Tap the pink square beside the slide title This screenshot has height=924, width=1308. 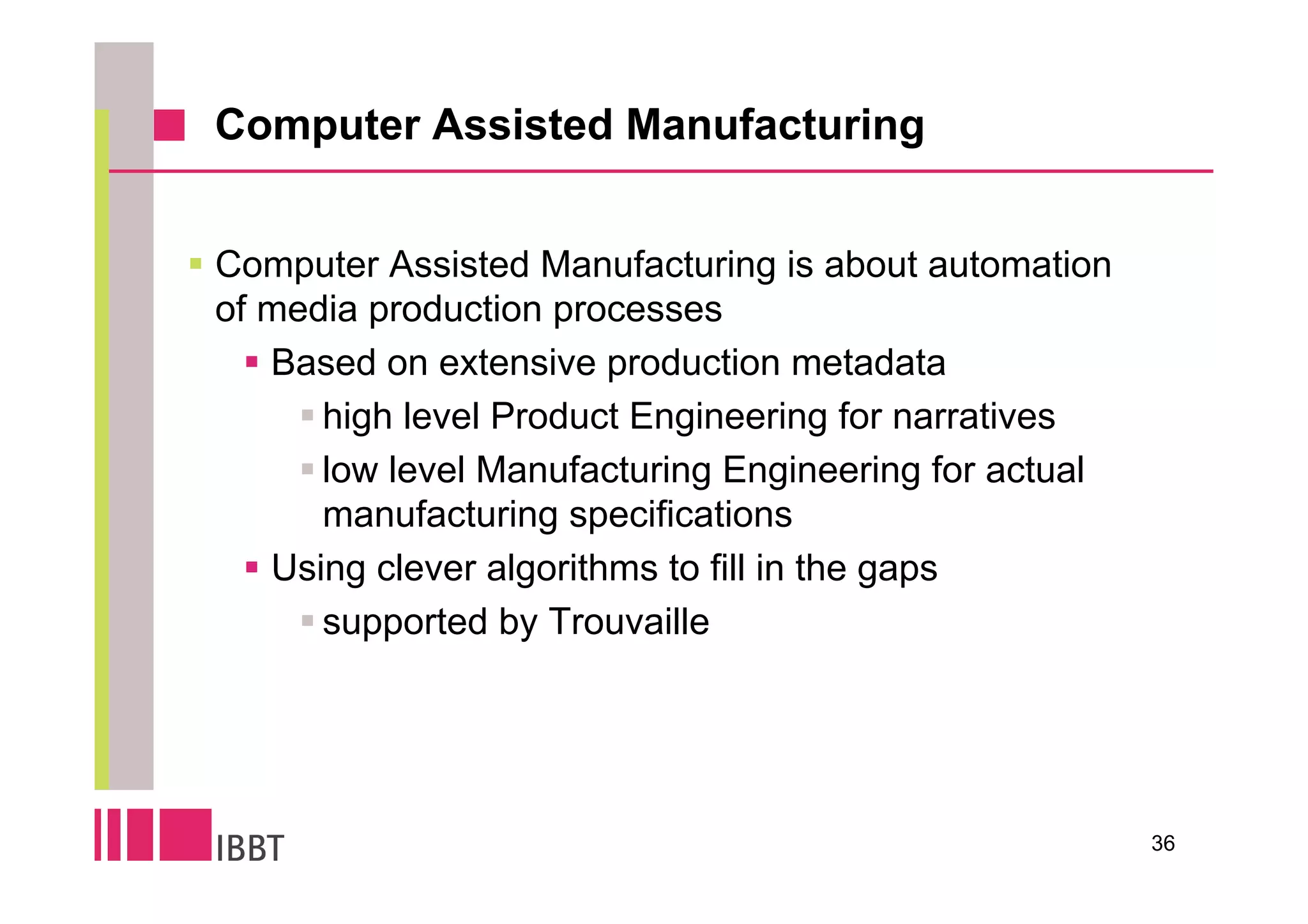coord(169,125)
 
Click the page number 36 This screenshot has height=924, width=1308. coord(1162,844)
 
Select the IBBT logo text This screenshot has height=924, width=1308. coord(250,849)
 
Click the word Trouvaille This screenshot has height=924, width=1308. coord(628,622)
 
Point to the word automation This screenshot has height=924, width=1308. coord(1019,265)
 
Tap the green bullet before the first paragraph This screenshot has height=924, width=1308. coord(196,263)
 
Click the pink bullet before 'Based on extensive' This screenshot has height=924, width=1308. coord(252,363)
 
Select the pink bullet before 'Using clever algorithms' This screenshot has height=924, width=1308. coord(252,567)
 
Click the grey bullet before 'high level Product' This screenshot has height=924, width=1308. coord(307,416)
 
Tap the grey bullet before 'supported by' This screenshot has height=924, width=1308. coord(307,621)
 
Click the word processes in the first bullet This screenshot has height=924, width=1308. coord(637,310)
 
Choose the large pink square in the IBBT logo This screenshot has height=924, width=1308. coord(185,834)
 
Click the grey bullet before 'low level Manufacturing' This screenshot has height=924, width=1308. coord(307,469)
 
